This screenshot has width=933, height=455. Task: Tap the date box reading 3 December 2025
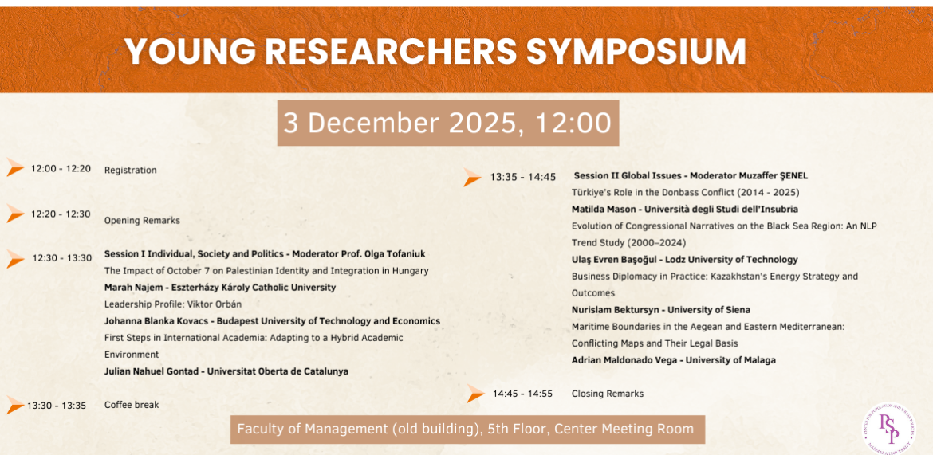(x=447, y=123)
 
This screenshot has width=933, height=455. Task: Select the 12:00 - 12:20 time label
(x=61, y=169)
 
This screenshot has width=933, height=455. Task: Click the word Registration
(x=130, y=170)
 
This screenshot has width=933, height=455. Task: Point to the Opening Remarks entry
(x=142, y=220)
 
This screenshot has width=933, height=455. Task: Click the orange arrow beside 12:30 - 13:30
(x=15, y=258)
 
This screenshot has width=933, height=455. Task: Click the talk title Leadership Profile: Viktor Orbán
(x=173, y=304)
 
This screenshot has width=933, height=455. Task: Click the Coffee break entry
(x=132, y=405)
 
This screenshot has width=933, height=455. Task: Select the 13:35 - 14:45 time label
(x=522, y=177)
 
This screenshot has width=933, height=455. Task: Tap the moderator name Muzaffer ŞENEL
(x=777, y=175)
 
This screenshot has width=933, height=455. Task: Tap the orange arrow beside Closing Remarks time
(x=475, y=394)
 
